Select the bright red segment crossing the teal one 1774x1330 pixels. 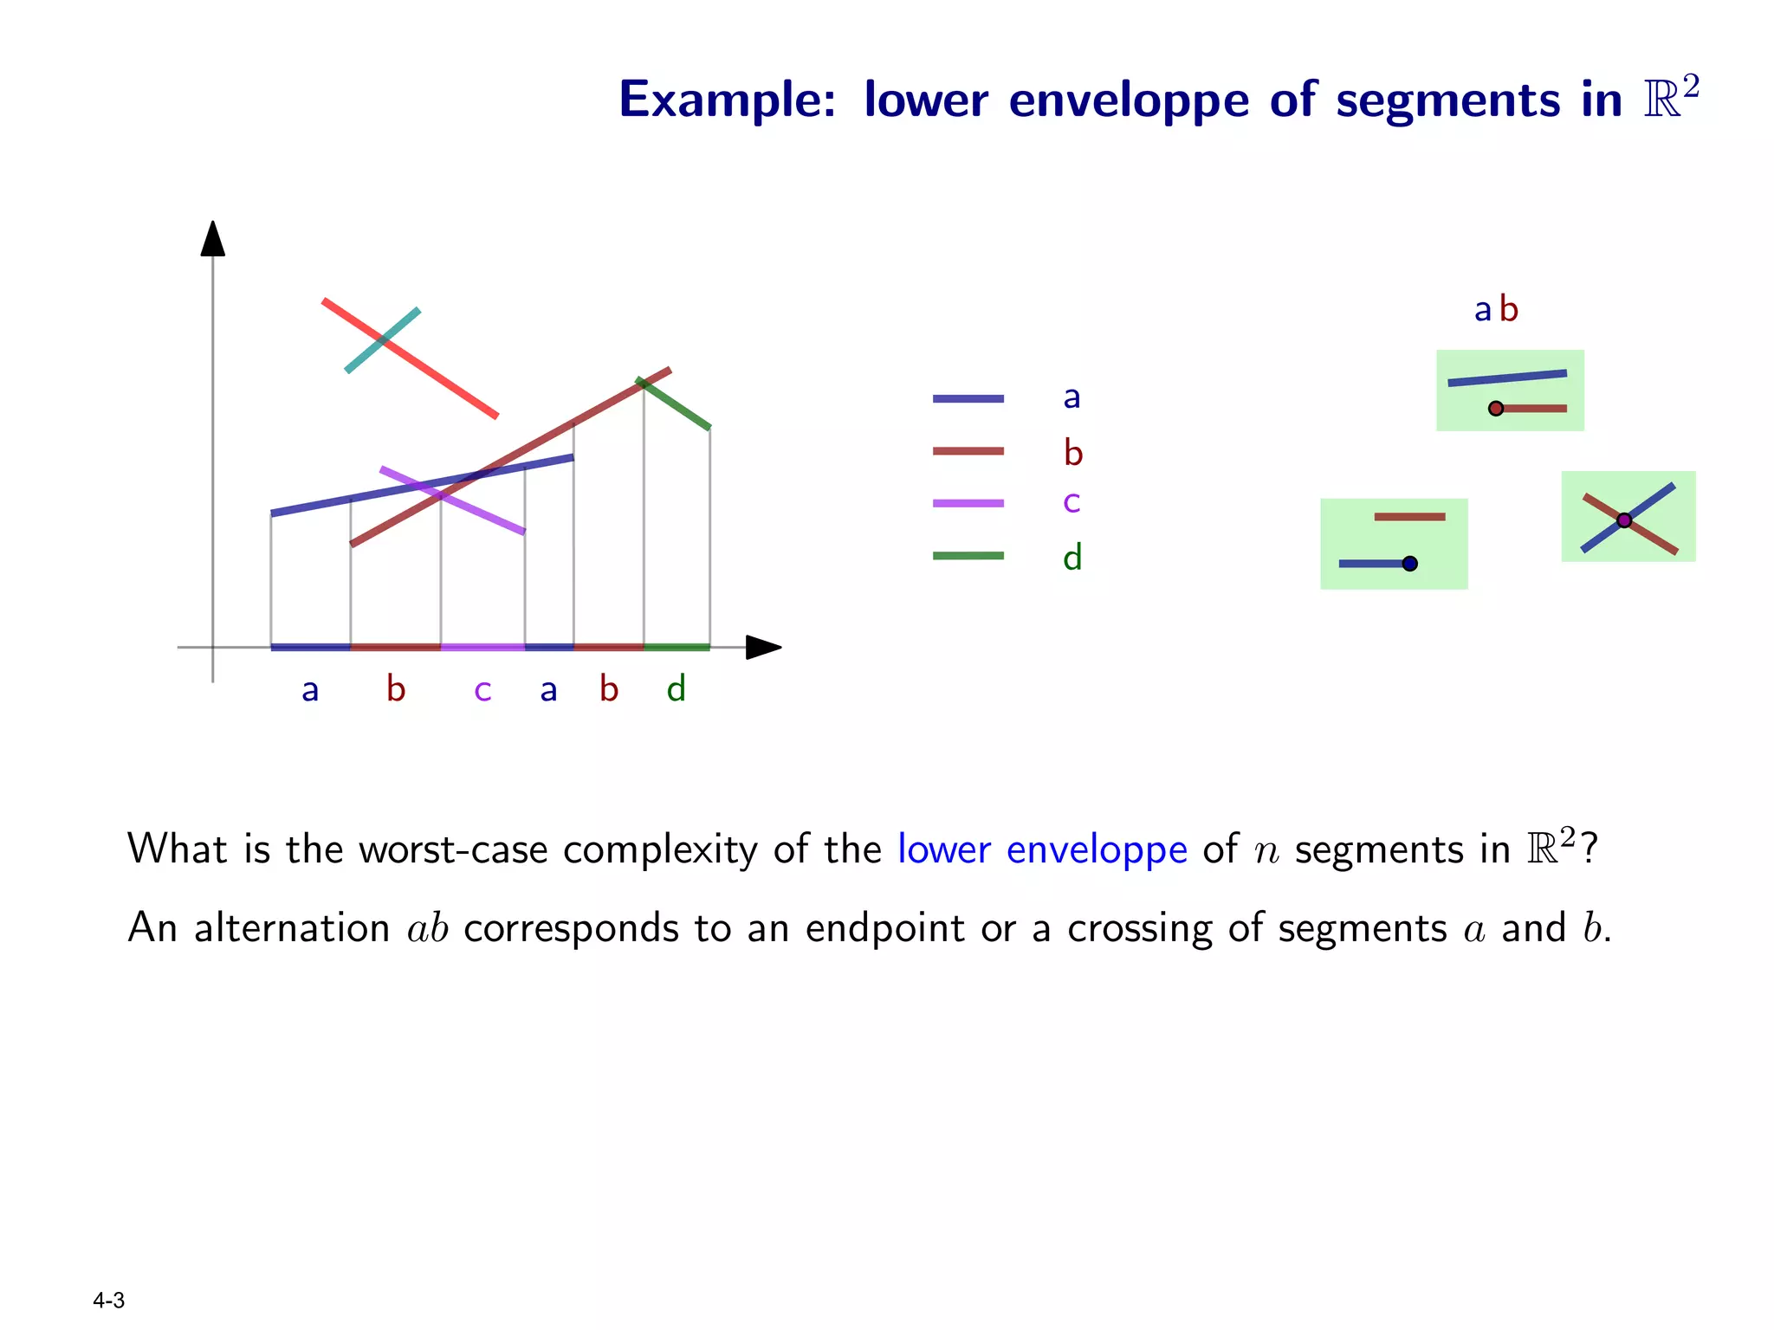[442, 379]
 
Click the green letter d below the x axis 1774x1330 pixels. [677, 689]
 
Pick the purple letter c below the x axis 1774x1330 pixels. [482, 690]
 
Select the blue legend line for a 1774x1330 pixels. [968, 399]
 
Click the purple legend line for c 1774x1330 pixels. [968, 503]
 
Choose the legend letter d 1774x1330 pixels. [1072, 558]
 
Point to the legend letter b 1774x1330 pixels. [1073, 453]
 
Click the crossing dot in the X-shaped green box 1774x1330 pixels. [1624, 520]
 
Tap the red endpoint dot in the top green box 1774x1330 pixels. [1496, 409]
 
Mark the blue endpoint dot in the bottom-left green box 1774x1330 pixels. [1410, 564]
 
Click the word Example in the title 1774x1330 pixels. [726, 100]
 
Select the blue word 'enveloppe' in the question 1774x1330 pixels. [1096, 849]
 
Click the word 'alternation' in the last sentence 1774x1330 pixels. [292, 928]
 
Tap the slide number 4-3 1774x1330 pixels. [109, 1301]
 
